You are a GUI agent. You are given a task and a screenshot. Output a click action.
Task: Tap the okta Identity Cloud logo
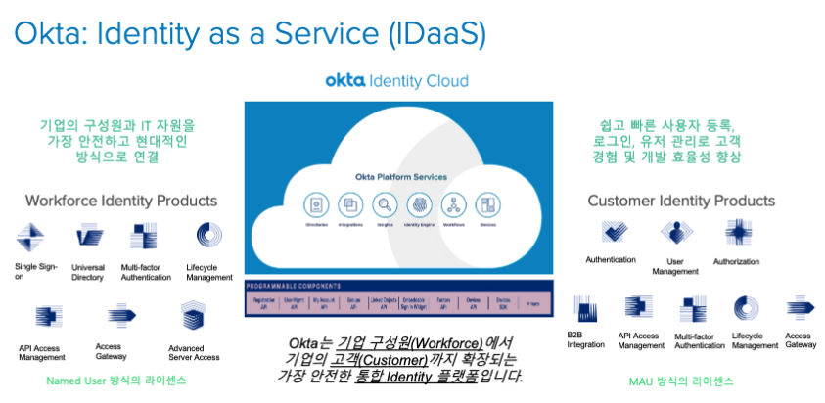[396, 80]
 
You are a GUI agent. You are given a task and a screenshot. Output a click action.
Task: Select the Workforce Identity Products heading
[120, 201]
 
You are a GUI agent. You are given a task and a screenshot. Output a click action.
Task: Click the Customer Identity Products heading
[681, 201]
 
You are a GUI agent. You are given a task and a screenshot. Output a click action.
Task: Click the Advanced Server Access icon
[192, 316]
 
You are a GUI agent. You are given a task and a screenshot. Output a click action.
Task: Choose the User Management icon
[675, 233]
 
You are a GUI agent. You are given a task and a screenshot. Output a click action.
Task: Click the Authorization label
[736, 261]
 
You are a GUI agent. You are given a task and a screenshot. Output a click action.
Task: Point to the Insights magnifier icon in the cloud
[384, 205]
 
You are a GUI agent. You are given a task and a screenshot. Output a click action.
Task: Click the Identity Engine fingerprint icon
[418, 205]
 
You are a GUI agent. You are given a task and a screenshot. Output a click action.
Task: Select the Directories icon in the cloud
[316, 205]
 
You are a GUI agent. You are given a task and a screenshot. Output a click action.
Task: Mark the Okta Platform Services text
[400, 177]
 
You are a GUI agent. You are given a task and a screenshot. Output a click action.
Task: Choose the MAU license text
[682, 381]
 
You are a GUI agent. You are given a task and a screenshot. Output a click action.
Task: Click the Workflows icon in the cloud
[452, 205]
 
